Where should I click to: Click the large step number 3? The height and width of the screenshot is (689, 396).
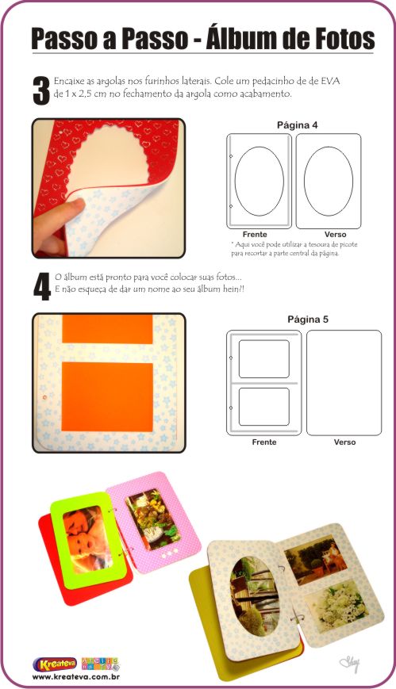point(42,91)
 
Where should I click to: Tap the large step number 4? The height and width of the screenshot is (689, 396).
point(42,287)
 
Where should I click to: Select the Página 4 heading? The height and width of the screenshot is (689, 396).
point(297,125)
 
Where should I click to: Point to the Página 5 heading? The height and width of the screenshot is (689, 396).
point(308,320)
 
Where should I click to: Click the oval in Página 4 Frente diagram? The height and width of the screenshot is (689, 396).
point(235,181)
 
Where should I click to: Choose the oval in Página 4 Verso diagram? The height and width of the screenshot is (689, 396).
point(304,181)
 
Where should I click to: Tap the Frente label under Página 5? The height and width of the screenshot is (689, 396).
point(264,442)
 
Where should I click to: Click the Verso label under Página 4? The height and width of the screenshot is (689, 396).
point(335,235)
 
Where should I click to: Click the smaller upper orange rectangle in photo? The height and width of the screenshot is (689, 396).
point(107,329)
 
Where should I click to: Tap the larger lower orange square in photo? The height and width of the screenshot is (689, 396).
point(107,396)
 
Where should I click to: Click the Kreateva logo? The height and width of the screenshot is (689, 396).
point(55,664)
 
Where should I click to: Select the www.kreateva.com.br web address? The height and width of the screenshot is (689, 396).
point(75,677)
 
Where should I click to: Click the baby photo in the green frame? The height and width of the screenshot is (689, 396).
point(87,539)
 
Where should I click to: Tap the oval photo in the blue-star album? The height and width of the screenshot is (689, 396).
point(256,596)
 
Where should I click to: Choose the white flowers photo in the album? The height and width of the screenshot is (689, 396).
point(338,607)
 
